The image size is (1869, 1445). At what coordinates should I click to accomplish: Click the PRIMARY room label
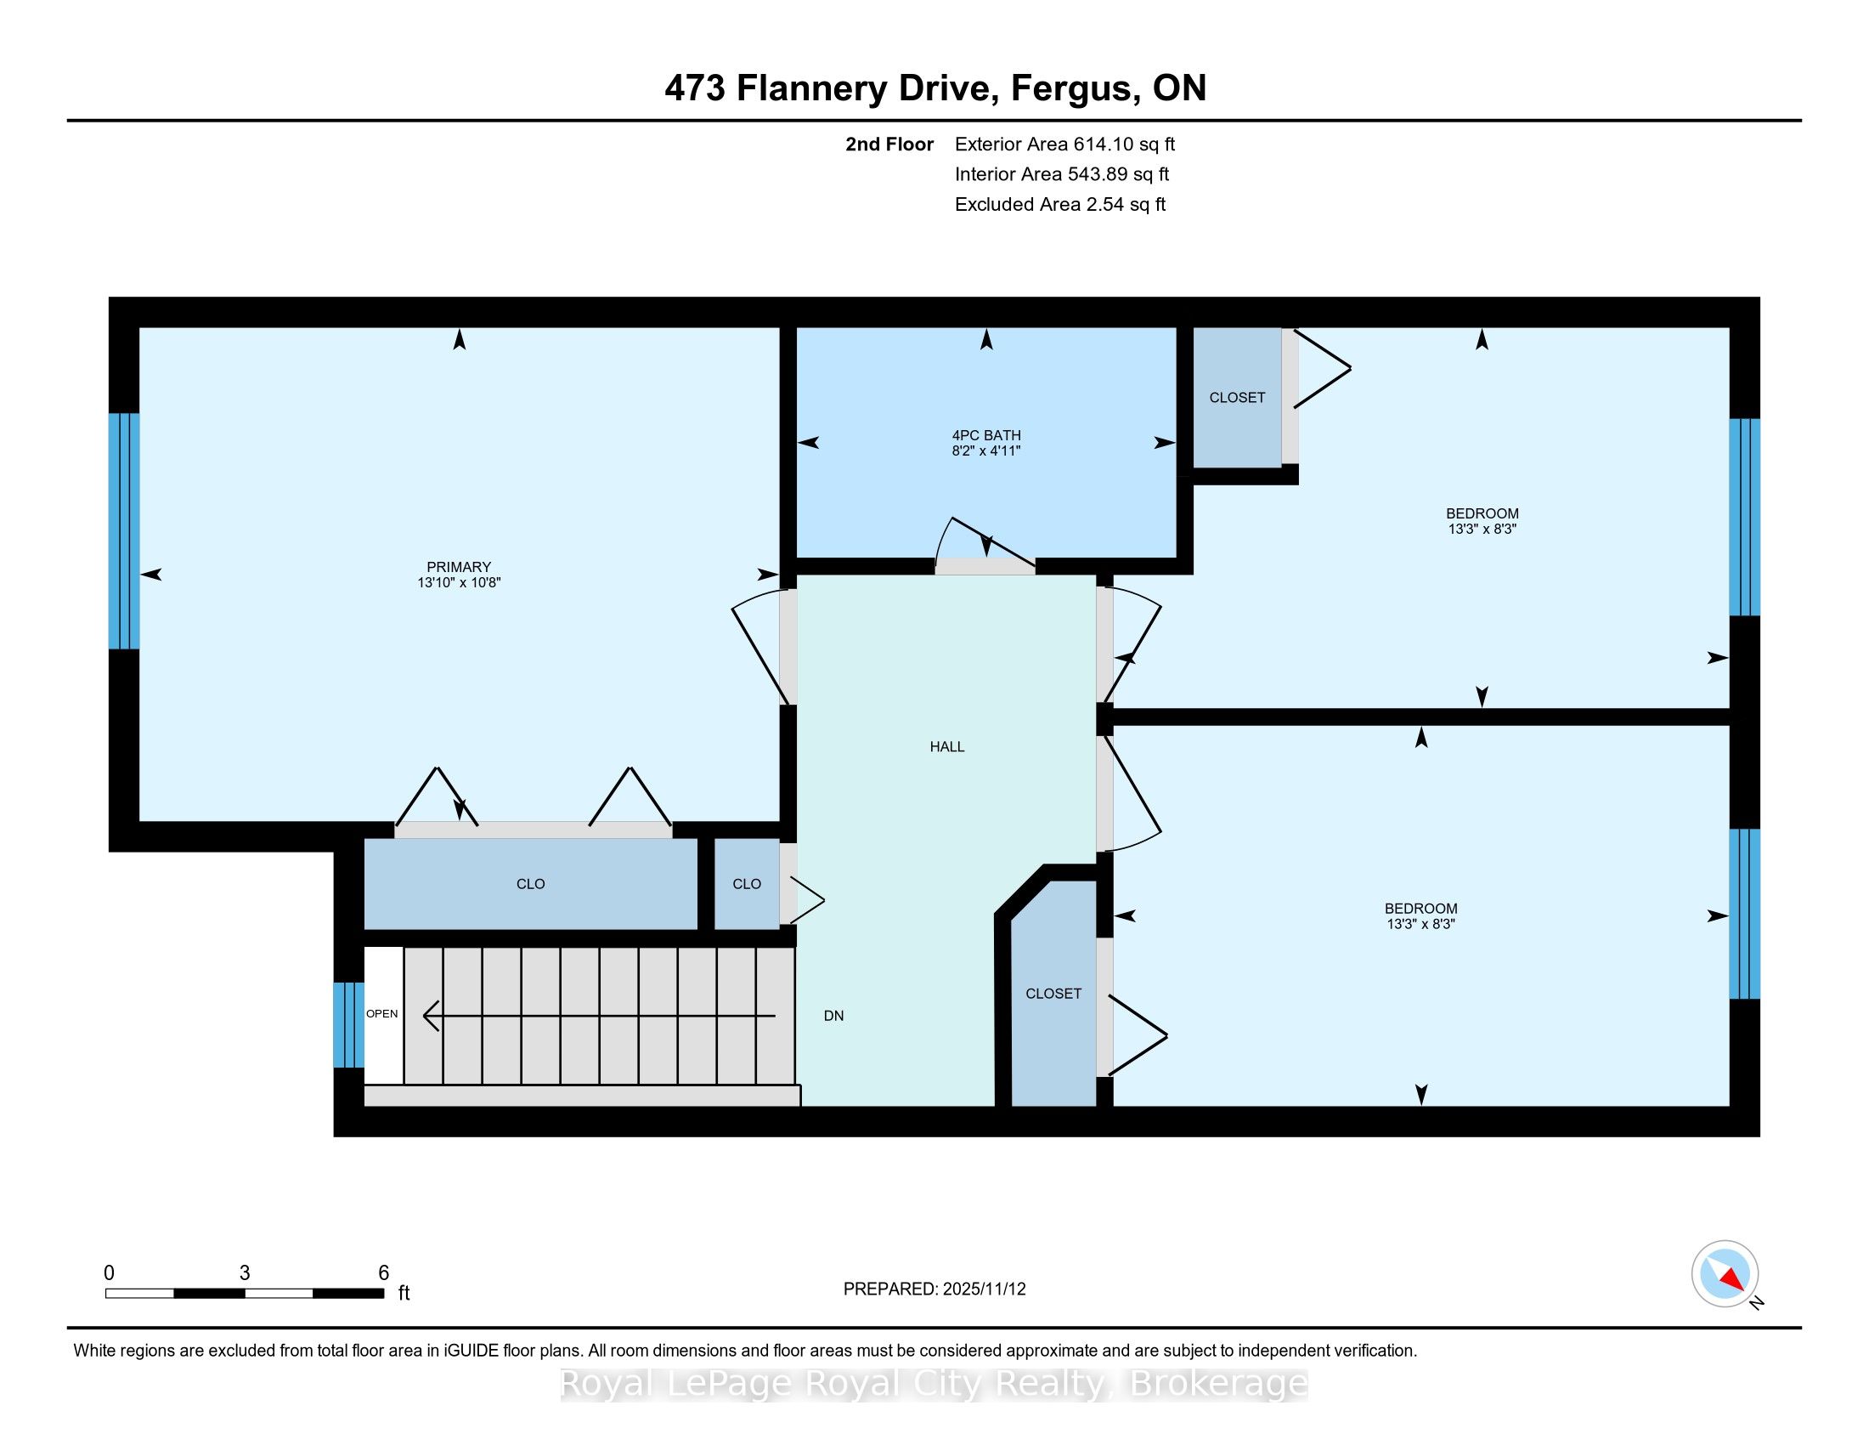tap(459, 567)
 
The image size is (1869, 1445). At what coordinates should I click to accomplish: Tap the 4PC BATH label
tap(985, 435)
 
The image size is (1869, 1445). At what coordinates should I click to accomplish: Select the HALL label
tap(947, 746)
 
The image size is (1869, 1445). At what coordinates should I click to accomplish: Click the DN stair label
tap(833, 1015)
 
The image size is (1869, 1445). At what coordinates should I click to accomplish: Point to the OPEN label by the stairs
tap(381, 1013)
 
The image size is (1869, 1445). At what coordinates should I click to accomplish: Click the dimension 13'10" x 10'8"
tap(459, 582)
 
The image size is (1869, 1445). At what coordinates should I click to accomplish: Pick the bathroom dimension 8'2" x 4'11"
tap(985, 450)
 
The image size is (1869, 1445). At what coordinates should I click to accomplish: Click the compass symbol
tap(1725, 1274)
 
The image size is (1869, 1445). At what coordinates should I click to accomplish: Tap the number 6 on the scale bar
tap(383, 1273)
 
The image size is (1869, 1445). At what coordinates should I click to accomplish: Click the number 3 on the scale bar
tap(245, 1273)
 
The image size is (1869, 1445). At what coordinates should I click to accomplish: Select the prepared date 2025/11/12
tap(983, 1289)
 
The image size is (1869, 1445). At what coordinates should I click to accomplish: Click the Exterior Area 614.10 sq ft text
tap(1065, 144)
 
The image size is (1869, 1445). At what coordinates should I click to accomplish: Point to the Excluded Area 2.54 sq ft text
tap(1060, 205)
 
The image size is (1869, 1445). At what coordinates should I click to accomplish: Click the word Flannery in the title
tap(811, 89)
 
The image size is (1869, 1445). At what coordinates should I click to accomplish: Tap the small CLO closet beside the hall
tap(747, 883)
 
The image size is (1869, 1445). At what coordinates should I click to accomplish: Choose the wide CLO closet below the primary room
tap(531, 883)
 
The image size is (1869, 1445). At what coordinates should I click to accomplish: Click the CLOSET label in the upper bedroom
tap(1238, 397)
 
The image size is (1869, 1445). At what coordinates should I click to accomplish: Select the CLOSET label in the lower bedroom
tap(1053, 993)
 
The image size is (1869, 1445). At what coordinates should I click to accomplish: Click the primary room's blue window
tap(124, 531)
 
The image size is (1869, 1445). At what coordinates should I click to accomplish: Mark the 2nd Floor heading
tap(889, 144)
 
